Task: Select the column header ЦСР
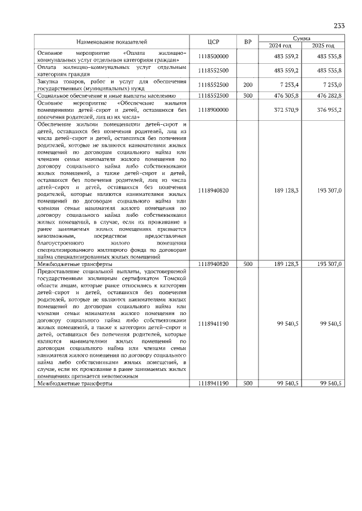(213, 42)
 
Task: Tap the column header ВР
(247, 42)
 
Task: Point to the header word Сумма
(304, 38)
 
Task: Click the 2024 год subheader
(282, 45)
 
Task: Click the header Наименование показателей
(111, 42)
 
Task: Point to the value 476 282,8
(329, 96)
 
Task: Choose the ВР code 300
(247, 96)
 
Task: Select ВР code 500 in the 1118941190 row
(247, 383)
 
